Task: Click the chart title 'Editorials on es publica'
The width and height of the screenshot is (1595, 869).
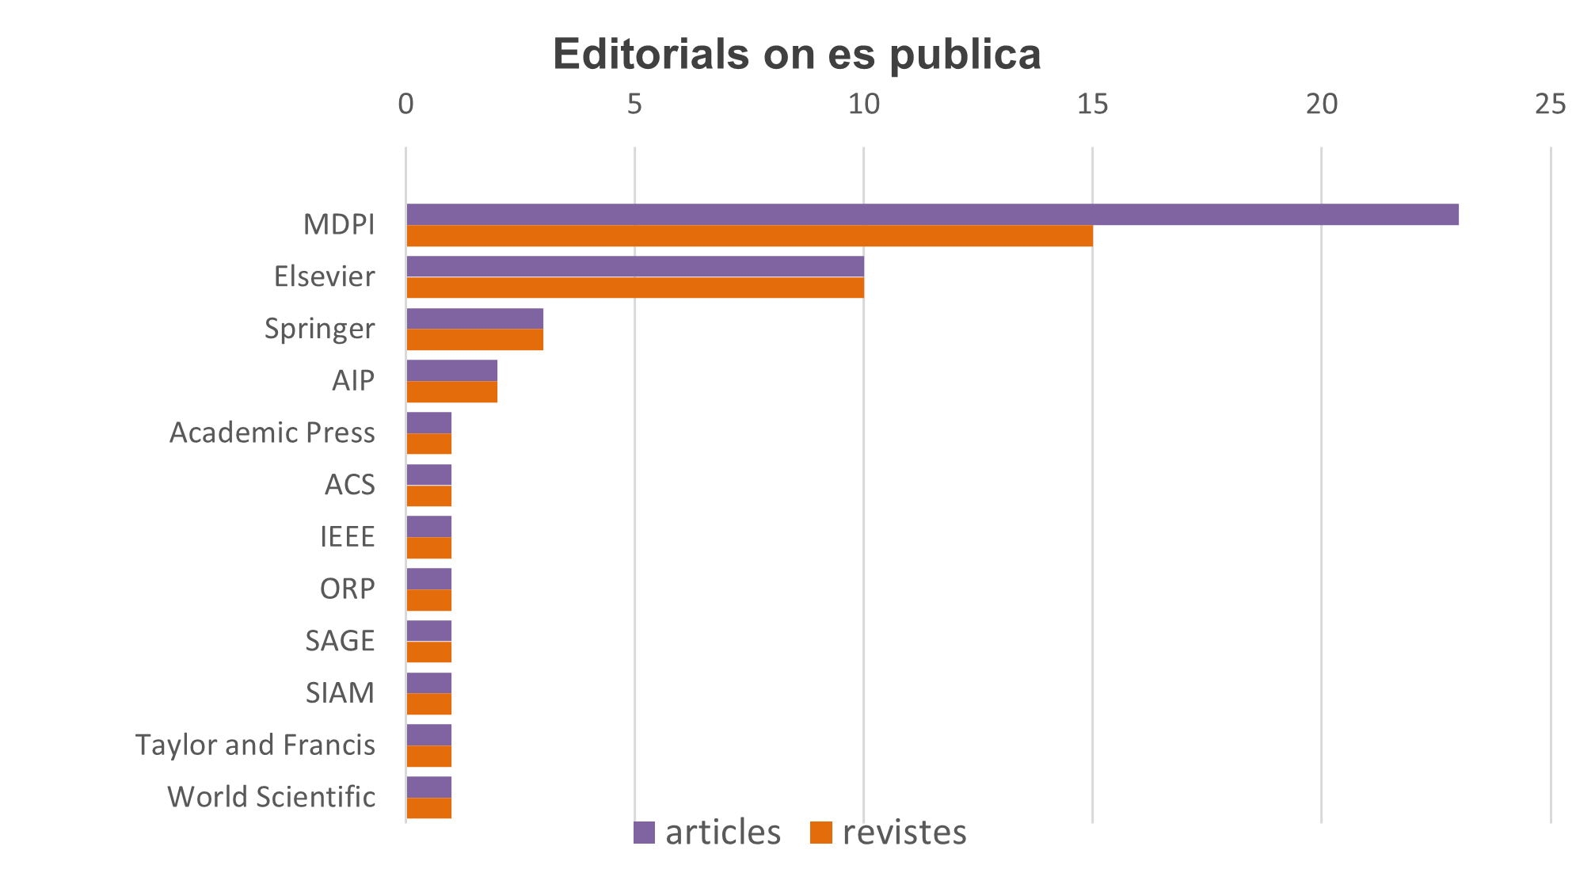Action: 796,54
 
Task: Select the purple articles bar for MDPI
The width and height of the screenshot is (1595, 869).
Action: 932,215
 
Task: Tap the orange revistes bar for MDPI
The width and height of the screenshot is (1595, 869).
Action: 749,236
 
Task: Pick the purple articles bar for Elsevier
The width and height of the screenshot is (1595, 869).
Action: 634,267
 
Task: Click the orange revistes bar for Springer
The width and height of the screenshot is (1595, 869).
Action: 474,340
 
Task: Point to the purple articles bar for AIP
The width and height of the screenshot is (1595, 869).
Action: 451,371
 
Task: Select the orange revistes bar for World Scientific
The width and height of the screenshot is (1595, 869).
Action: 428,808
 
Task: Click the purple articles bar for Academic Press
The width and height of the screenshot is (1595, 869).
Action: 428,423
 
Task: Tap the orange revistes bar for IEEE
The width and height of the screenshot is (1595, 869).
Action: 428,548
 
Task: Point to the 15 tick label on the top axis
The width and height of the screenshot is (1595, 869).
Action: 1092,105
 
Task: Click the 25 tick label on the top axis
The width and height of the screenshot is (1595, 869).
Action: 1550,105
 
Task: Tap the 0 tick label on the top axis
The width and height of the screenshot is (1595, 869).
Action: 405,105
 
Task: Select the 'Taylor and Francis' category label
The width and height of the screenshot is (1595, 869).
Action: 255,745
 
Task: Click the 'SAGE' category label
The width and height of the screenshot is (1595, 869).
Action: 340,641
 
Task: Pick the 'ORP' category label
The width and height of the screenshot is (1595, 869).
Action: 347,589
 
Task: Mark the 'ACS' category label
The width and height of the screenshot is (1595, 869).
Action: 349,485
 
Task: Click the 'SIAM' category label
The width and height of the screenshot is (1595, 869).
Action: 340,693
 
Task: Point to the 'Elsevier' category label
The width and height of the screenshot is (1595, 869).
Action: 324,276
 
